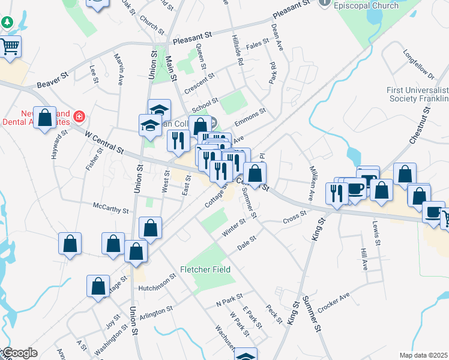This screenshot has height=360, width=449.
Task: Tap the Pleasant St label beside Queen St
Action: tap(193, 41)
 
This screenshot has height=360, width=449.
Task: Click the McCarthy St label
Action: tap(110, 208)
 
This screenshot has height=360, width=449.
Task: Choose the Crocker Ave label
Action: tap(334, 302)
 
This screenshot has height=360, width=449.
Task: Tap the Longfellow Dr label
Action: tap(419, 68)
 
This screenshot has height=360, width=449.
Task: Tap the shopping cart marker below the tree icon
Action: tap(10, 47)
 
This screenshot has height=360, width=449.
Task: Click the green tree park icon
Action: tap(7, 23)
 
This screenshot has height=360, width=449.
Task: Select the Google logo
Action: tap(19, 353)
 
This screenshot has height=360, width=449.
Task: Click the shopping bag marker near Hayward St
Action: tap(45, 118)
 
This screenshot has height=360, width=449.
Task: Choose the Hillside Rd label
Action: tap(238, 50)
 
